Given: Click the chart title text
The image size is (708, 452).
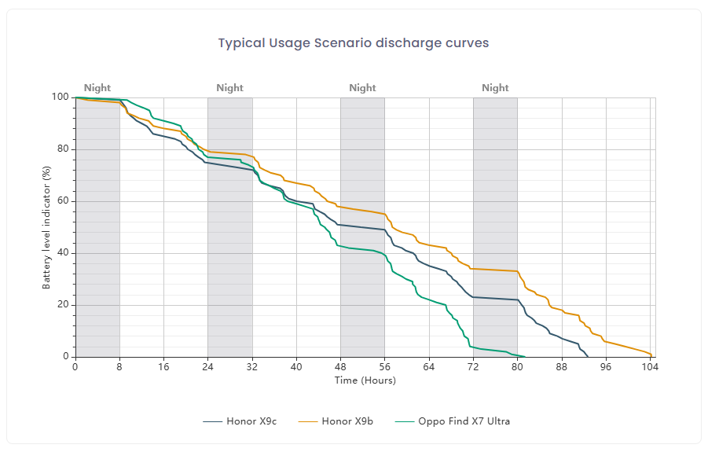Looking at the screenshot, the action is [x=354, y=43].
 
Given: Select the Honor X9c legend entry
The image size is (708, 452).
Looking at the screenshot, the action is [x=240, y=421].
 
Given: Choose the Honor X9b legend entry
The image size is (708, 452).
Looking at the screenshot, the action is [x=336, y=421].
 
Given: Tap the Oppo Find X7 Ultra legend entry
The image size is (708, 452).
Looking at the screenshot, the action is [x=453, y=421].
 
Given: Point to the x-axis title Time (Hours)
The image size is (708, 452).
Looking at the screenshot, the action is [x=365, y=380].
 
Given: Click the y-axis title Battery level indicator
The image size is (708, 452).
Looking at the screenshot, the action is [x=46, y=228].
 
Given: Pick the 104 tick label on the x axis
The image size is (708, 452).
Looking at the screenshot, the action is [x=650, y=366].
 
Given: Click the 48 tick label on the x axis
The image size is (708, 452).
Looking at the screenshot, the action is [x=340, y=366].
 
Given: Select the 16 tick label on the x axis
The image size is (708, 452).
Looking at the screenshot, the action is [x=163, y=366].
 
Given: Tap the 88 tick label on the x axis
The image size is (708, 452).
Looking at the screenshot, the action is [x=562, y=366].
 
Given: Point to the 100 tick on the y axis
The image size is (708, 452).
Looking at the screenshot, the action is [x=60, y=97].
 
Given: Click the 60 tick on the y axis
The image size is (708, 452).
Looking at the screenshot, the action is [x=63, y=201].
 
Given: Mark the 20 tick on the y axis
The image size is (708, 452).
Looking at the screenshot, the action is [x=63, y=305].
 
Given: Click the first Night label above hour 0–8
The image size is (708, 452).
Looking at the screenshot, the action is [x=97, y=87].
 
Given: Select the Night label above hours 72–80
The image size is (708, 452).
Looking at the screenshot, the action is [x=495, y=87].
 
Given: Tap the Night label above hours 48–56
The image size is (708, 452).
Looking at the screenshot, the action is [x=362, y=87].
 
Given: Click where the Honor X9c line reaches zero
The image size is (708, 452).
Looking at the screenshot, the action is [x=588, y=357].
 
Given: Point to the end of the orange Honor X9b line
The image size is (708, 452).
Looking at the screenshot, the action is [x=651, y=355].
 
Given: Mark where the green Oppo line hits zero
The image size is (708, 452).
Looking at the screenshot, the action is [x=525, y=357].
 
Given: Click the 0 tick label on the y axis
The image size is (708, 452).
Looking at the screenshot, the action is [x=66, y=356].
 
